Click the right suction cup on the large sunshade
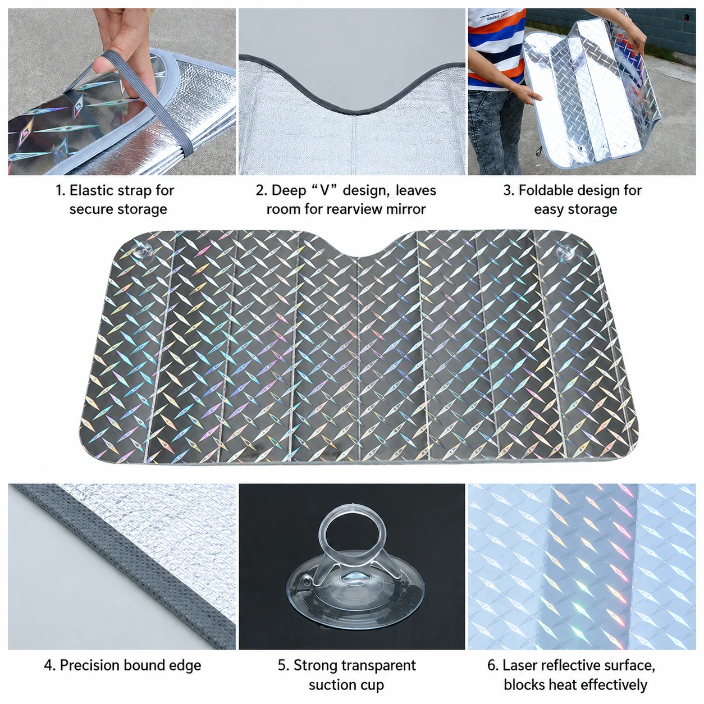(x=566, y=253)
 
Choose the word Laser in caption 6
(x=519, y=665)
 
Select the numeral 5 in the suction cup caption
(x=282, y=665)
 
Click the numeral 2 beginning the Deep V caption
(x=260, y=191)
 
